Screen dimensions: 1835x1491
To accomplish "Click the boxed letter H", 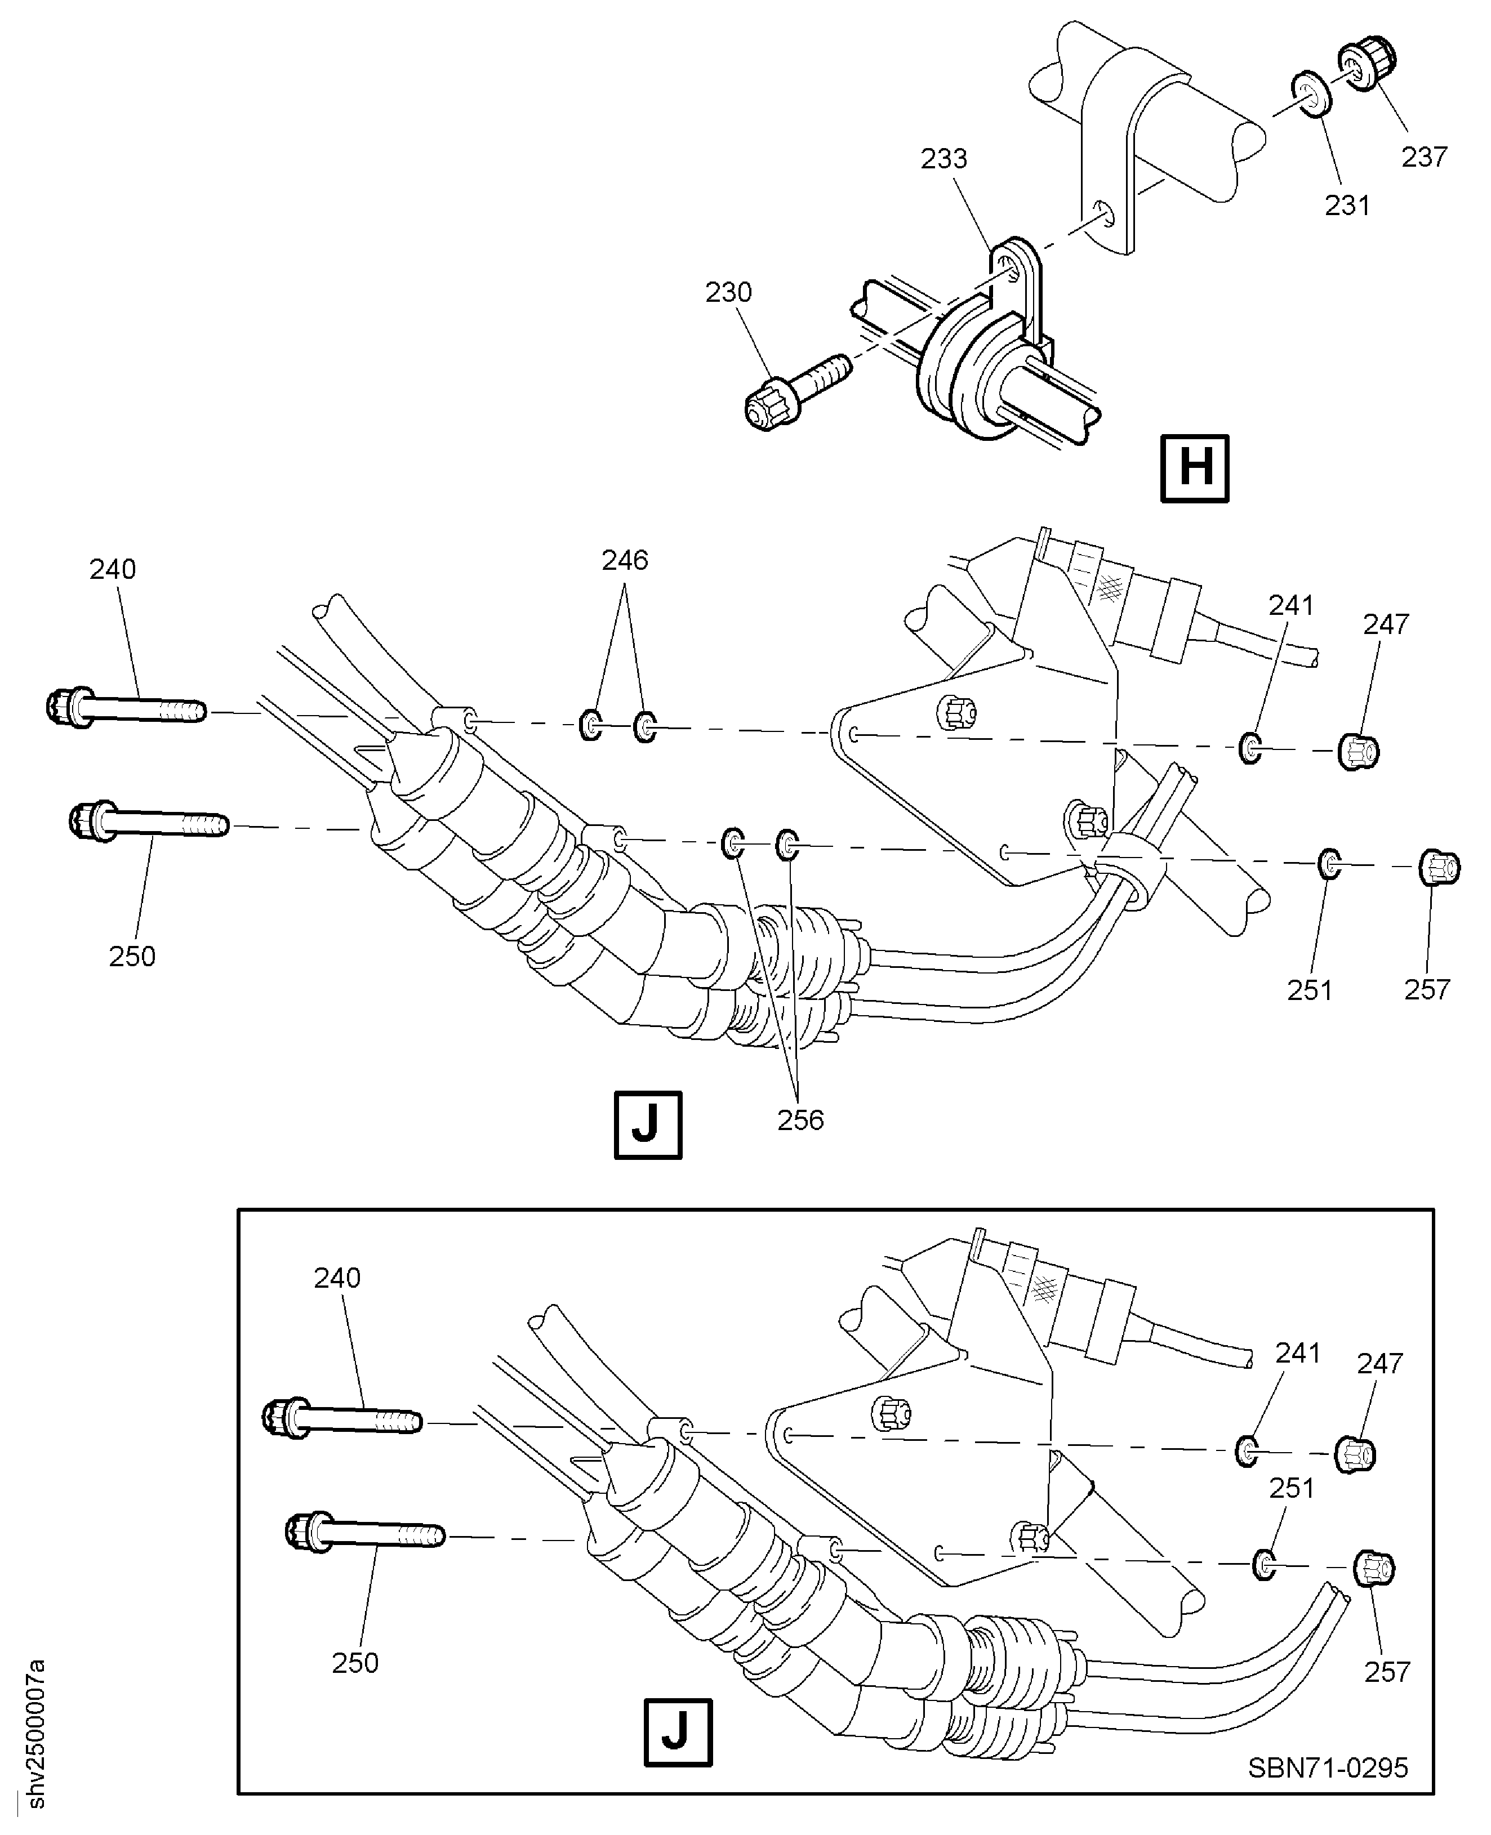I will [1195, 469].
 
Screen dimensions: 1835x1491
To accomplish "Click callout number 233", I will [944, 159].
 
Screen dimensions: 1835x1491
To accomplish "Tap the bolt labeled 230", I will [794, 395].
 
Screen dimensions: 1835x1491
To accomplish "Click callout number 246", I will [625, 561].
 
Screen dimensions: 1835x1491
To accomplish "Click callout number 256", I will [800, 1120].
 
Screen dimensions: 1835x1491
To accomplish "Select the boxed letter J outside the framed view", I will [648, 1125].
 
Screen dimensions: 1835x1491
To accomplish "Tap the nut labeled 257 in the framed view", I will [1373, 1569].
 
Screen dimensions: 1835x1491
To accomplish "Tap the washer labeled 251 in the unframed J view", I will [1329, 864].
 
